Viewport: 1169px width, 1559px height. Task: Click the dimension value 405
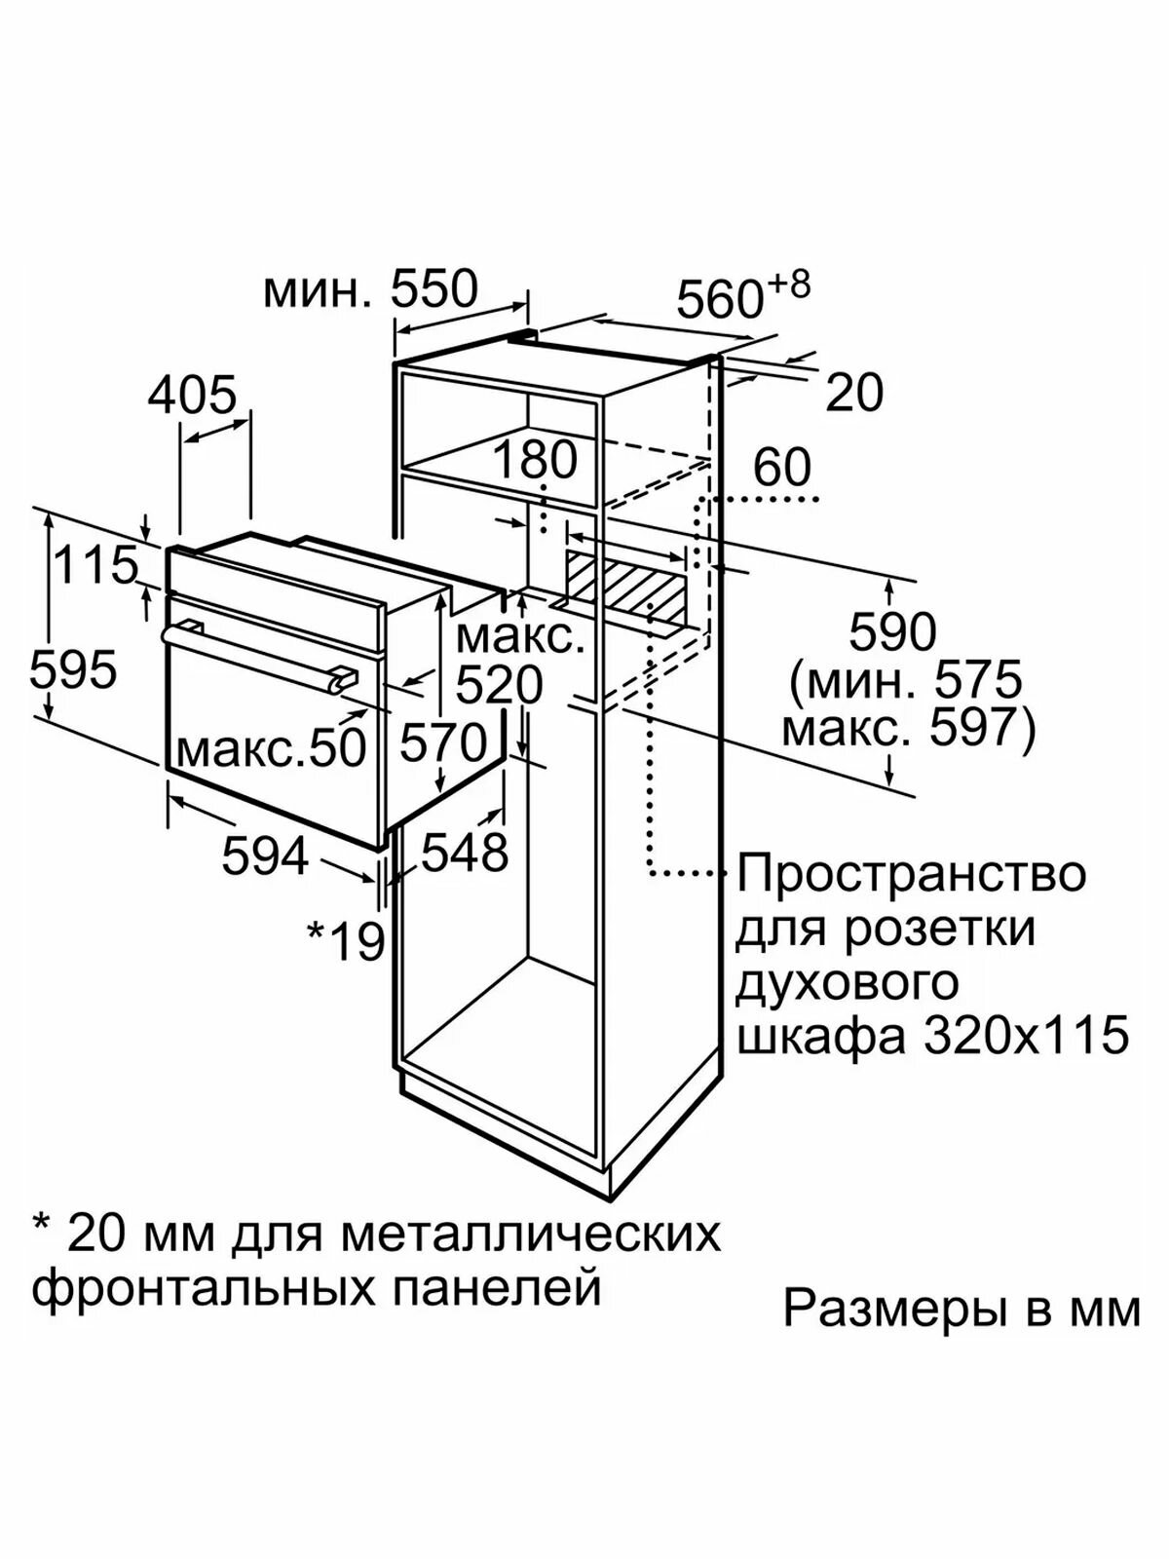(x=193, y=395)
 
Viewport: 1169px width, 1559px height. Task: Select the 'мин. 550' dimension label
(x=371, y=288)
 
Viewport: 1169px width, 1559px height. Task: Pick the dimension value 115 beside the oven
(x=95, y=565)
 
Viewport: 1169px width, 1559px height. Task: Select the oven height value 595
(x=73, y=669)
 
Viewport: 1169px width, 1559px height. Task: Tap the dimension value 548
(x=465, y=854)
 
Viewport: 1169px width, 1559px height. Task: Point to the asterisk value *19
(x=346, y=940)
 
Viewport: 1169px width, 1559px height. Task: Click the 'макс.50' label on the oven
(x=271, y=747)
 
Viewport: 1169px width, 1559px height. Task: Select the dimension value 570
(x=443, y=743)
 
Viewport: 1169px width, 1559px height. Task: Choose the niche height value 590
(x=892, y=632)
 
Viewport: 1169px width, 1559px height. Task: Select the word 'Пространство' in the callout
(x=910, y=873)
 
